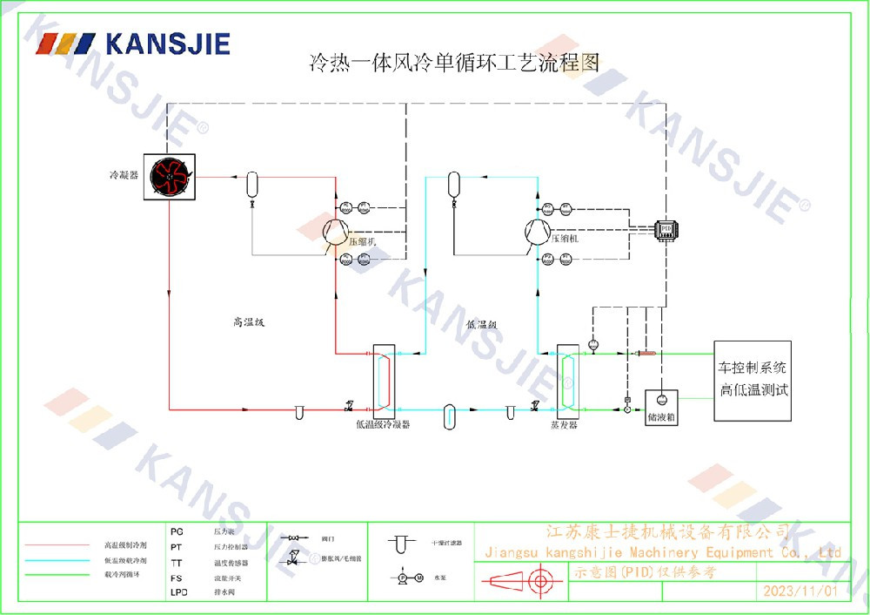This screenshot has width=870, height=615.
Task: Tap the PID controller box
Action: pyautogui.click(x=666, y=228)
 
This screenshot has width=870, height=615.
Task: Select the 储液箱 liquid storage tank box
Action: pyautogui.click(x=661, y=408)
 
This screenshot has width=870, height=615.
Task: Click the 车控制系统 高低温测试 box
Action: pyautogui.click(x=753, y=381)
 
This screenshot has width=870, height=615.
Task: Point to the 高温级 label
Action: pyautogui.click(x=248, y=322)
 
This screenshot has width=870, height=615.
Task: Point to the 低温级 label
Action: pyautogui.click(x=480, y=324)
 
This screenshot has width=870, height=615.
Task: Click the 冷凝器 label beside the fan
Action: pyautogui.click(x=124, y=174)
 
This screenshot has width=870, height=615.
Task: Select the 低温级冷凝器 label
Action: pyautogui.click(x=383, y=424)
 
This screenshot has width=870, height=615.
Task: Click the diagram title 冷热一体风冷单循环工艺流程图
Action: pyautogui.click(x=455, y=63)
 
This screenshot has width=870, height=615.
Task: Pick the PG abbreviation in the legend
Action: pyautogui.click(x=177, y=531)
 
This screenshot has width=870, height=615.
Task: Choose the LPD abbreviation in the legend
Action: pyautogui.click(x=178, y=592)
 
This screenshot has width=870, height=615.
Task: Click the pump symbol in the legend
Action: pyautogui.click(x=404, y=578)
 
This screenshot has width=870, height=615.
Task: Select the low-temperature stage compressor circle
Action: pyautogui.click(x=537, y=231)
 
